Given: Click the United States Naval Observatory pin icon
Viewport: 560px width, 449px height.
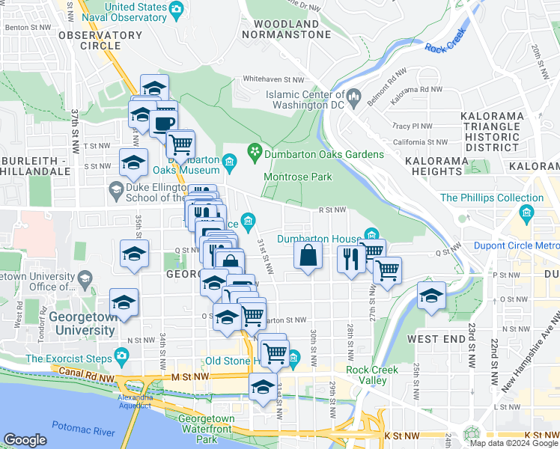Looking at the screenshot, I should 177,10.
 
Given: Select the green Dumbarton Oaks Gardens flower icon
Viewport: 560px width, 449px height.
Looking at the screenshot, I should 255,153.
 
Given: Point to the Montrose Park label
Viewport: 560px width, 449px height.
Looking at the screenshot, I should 297,177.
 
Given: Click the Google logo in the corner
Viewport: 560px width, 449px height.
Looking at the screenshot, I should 25,440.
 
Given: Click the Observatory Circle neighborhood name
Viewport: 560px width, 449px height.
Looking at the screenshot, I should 100,40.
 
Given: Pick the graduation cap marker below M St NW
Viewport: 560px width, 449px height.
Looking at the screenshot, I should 262,386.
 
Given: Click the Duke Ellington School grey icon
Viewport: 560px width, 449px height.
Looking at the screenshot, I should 115,192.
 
